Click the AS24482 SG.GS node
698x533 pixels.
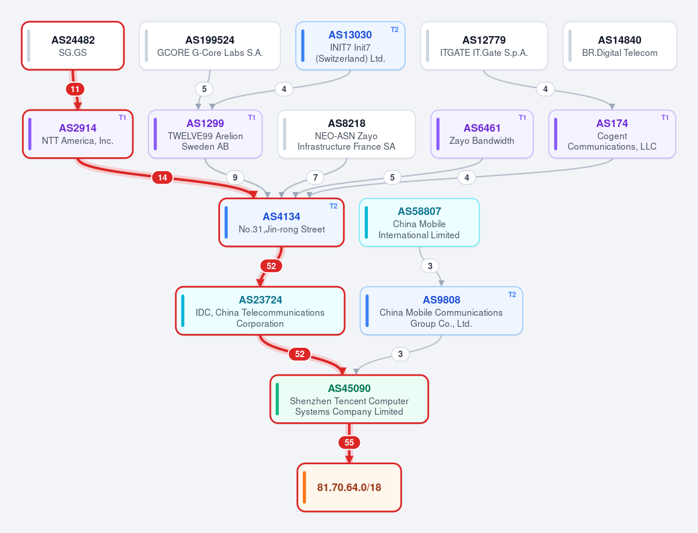click(x=73, y=46)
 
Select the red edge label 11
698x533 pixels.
click(x=75, y=89)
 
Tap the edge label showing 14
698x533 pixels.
click(x=162, y=178)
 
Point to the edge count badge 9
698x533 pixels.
click(x=235, y=178)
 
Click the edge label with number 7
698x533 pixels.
click(x=315, y=178)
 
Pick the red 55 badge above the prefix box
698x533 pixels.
click(x=349, y=443)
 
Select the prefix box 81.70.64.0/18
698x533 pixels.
click(x=349, y=488)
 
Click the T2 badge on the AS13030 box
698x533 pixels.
click(x=394, y=30)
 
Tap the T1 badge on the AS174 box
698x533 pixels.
click(x=665, y=118)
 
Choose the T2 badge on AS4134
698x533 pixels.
click(x=334, y=206)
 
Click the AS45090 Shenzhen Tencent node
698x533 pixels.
click(x=349, y=399)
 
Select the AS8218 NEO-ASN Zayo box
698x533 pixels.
click(x=346, y=134)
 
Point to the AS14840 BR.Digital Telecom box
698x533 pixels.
click(x=619, y=46)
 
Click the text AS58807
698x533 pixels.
click(x=419, y=211)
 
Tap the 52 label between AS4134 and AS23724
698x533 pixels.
click(x=271, y=266)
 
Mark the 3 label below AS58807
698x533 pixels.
click(x=430, y=266)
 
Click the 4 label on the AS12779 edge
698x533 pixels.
click(x=545, y=89)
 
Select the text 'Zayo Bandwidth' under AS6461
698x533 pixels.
click(x=481, y=141)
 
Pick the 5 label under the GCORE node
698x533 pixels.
click(x=204, y=89)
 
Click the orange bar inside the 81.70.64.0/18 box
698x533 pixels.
click(x=304, y=488)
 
